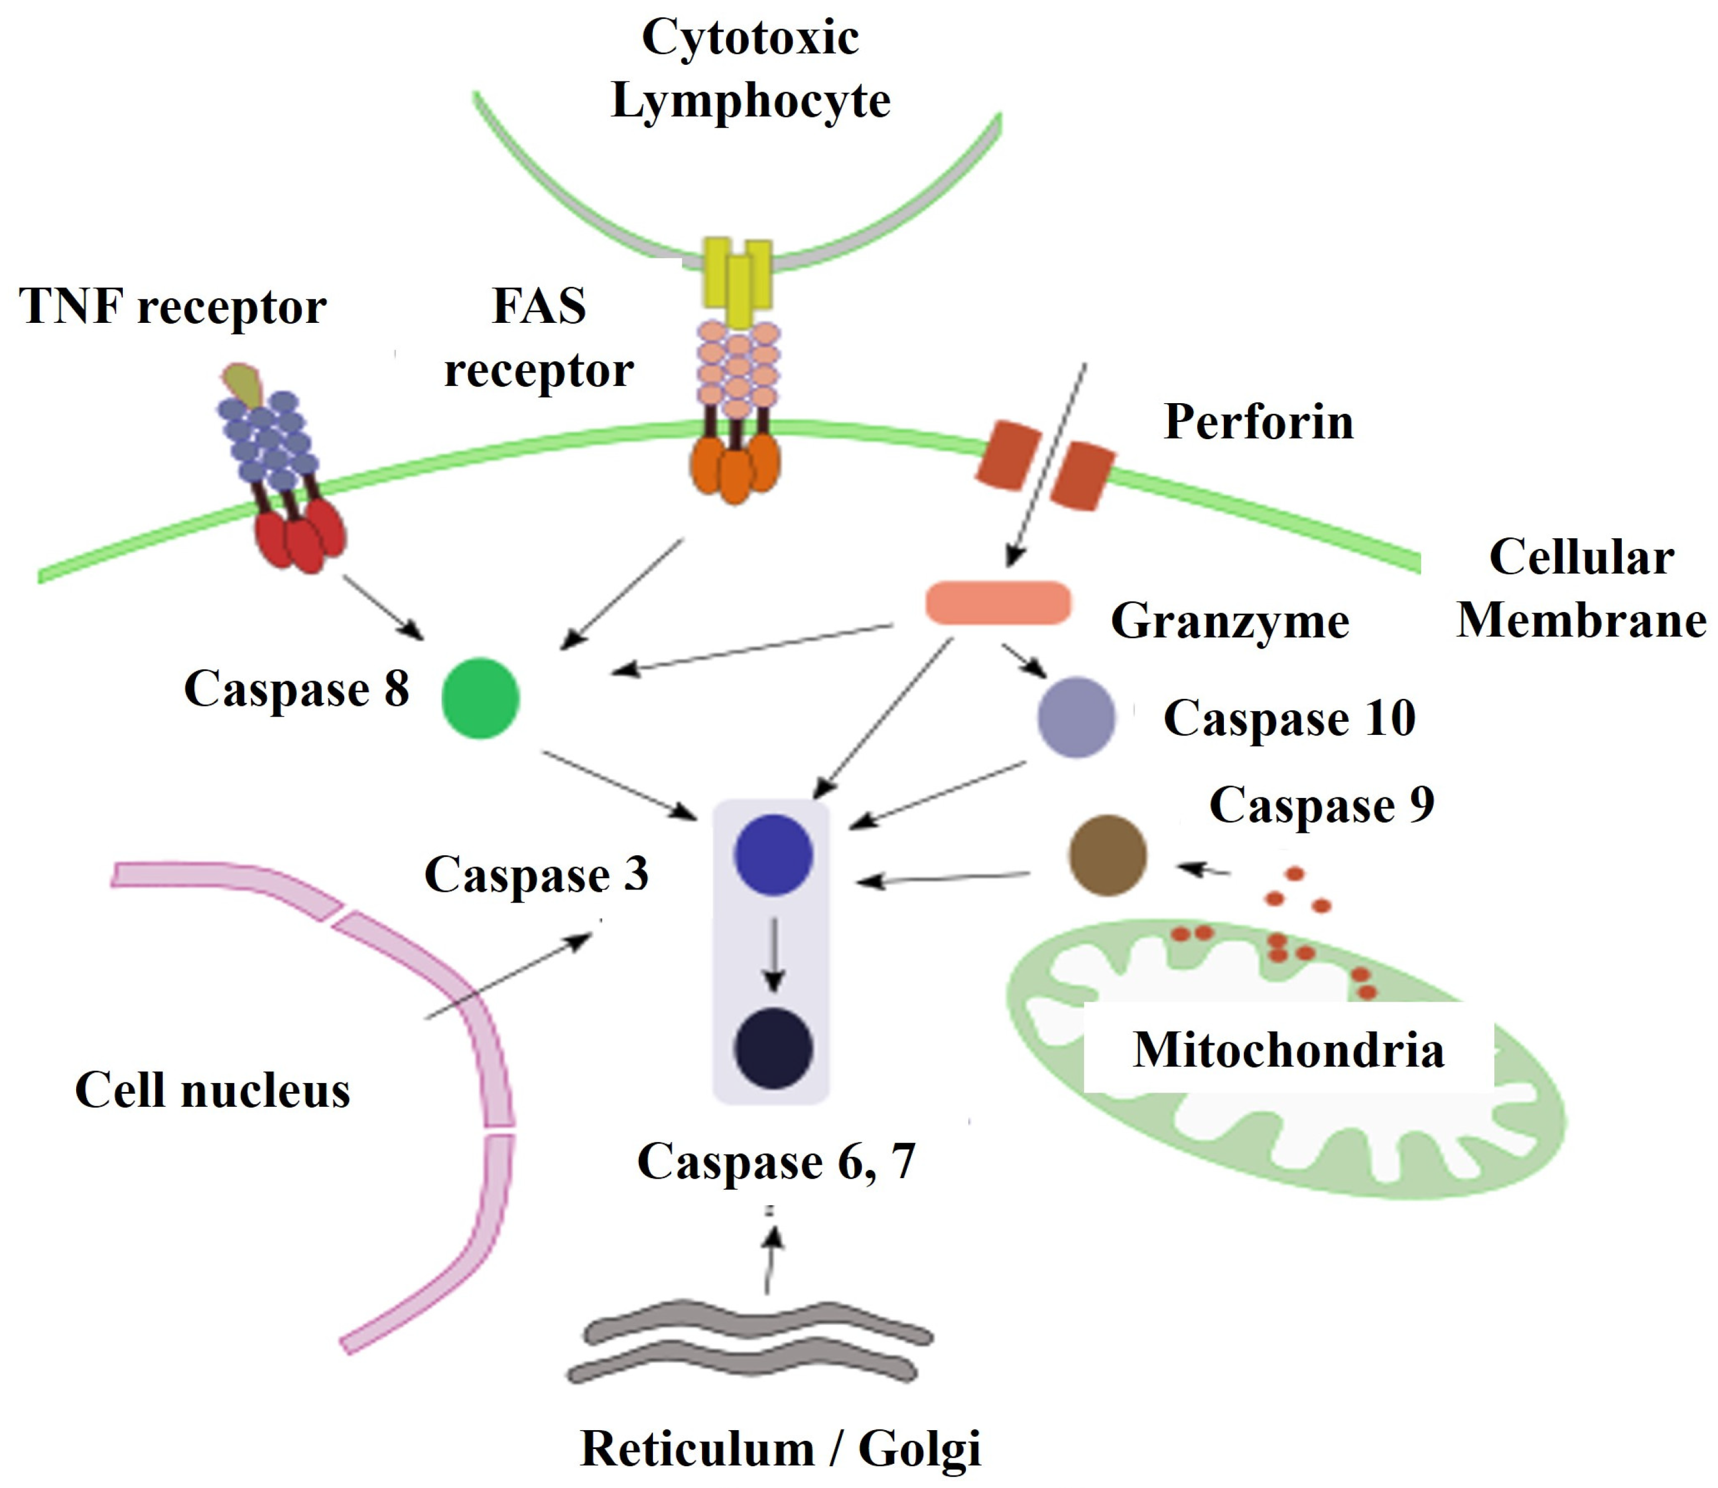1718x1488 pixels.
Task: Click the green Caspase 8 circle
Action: (480, 698)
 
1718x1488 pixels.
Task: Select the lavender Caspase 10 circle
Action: (1076, 717)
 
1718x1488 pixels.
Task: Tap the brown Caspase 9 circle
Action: (1107, 855)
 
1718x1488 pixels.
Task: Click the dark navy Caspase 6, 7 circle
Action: (773, 1048)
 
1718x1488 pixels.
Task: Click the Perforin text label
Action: (1258, 422)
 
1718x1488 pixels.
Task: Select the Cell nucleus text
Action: (213, 1090)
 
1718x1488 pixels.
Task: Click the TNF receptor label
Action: (173, 306)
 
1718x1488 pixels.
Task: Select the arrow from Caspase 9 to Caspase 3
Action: (942, 878)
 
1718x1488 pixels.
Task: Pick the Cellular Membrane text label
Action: (1580, 588)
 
